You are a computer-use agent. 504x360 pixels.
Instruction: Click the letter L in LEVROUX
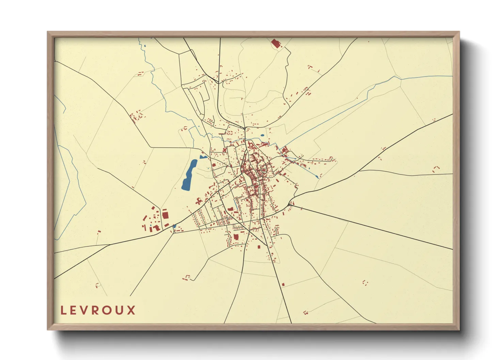pos(63,310)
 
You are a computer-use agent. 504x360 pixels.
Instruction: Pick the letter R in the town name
pos(96,310)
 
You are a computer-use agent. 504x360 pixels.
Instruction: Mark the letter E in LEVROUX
pos(74,310)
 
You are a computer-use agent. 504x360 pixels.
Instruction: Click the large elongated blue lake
pos(189,175)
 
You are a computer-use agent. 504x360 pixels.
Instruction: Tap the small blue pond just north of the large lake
pos(203,157)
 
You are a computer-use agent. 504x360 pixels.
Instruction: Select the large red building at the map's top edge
pos(275,43)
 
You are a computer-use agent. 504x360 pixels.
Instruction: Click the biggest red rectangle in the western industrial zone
pos(165,215)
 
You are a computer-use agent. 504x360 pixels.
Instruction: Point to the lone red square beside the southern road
pos(283,284)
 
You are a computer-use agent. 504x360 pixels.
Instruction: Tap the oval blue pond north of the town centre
pos(262,135)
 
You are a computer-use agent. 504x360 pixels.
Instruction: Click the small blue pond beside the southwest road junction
pos(174,226)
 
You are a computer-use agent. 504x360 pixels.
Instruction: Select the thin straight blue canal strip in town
pos(235,204)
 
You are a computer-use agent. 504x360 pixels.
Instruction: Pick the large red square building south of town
pos(236,237)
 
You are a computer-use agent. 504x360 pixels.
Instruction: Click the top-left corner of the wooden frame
pos(48,32)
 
